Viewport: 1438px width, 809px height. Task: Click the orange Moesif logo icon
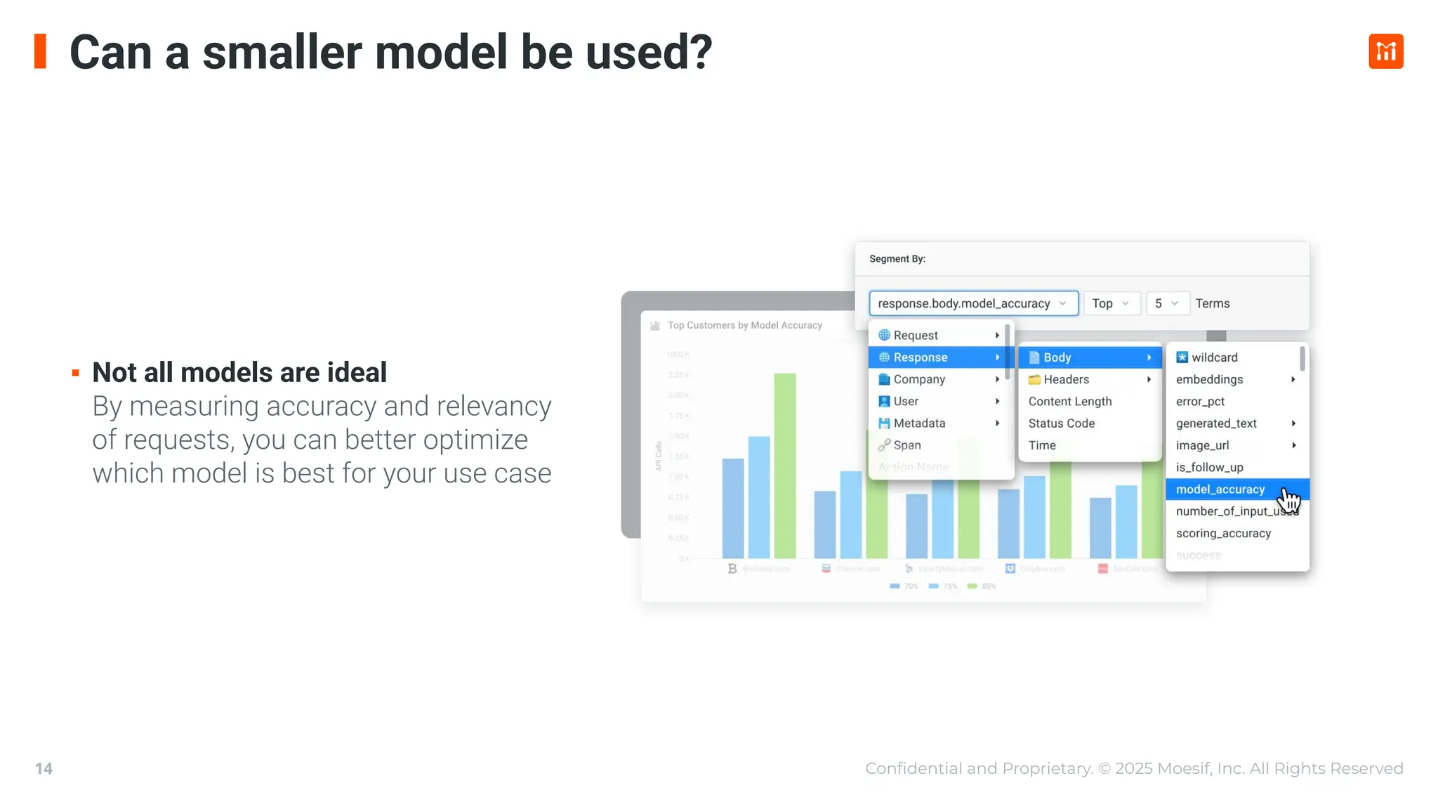coord(1385,51)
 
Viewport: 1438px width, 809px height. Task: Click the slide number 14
coord(44,768)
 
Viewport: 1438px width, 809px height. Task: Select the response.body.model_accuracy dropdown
coord(972,303)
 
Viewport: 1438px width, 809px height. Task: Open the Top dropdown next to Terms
coord(1111,303)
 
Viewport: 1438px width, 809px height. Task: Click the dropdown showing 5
coord(1166,303)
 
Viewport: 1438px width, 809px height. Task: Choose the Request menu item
coord(916,336)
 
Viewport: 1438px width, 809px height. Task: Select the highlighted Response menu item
coord(921,357)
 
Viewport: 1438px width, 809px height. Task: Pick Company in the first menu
coord(919,379)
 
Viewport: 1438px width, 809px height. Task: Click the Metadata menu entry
coord(919,423)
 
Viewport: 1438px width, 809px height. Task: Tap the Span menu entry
coord(907,445)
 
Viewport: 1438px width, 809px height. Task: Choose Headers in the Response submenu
coord(1066,379)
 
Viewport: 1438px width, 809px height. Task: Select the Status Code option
coord(1062,423)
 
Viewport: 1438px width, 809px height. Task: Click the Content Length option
coord(1070,402)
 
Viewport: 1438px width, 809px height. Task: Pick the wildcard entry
coord(1214,357)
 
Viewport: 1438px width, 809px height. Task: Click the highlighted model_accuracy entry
coord(1220,489)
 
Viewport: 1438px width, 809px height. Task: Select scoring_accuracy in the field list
coord(1223,534)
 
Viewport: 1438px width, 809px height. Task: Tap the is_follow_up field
coord(1209,468)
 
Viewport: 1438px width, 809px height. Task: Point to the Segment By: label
coord(897,259)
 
